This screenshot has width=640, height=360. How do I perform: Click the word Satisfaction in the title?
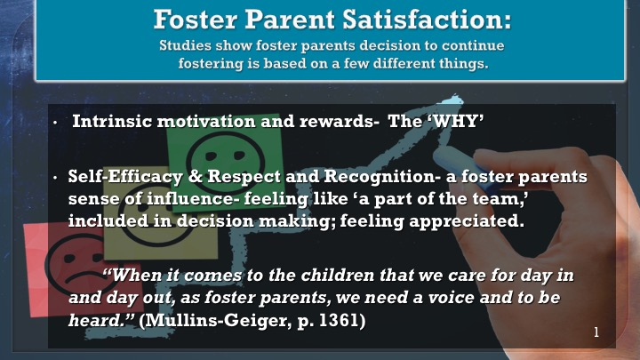point(427,20)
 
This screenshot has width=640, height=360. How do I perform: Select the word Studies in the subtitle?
point(185,45)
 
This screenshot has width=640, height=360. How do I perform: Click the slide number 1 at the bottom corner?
point(596,332)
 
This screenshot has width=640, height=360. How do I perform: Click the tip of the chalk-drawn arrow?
point(454,98)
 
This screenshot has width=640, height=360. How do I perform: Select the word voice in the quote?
point(452,297)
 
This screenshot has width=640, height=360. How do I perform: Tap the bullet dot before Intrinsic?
point(55,123)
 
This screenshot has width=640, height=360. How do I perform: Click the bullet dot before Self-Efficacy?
point(55,178)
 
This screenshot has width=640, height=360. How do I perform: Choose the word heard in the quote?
point(98,320)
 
